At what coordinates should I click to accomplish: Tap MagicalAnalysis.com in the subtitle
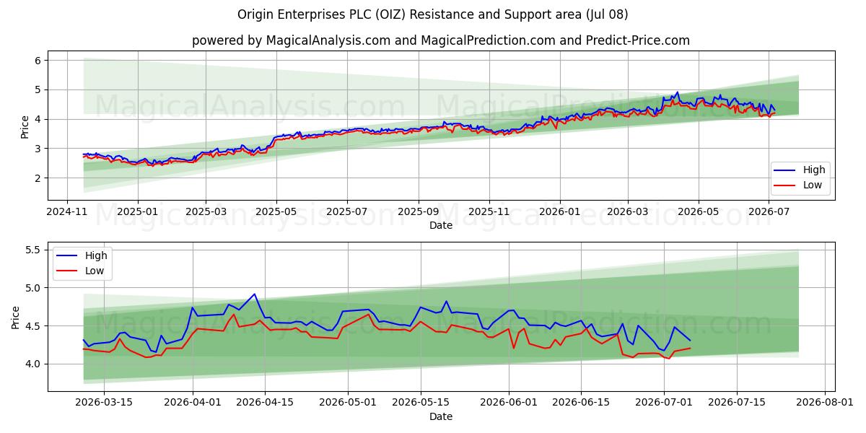[x=328, y=40]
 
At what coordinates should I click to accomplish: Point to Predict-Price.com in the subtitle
[x=638, y=40]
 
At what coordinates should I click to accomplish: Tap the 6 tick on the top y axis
[x=38, y=61]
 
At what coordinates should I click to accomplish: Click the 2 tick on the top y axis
[x=38, y=178]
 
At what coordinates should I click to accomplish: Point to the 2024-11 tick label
[x=67, y=212]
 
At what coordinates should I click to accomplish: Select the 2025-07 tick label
[x=347, y=212]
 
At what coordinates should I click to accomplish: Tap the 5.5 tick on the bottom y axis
[x=33, y=250]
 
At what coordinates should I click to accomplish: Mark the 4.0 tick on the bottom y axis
[x=33, y=364]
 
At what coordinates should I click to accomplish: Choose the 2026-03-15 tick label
[x=104, y=403]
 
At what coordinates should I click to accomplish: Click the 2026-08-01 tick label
[x=825, y=403]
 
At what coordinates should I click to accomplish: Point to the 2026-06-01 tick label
[x=509, y=403]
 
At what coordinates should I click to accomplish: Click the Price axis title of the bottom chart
[x=15, y=318]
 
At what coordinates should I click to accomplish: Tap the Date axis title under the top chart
[x=441, y=225]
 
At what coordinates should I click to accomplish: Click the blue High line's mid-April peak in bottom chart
[x=254, y=294]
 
